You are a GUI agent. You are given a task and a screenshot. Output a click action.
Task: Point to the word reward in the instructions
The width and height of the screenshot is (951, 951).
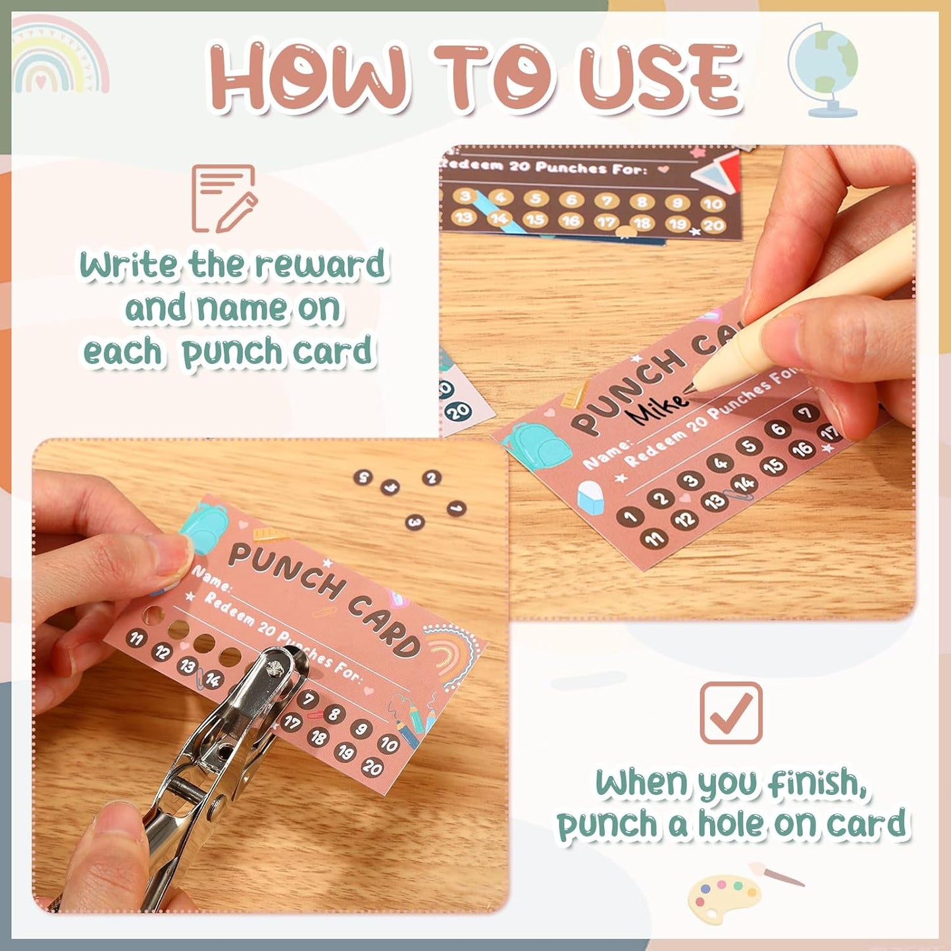[x=320, y=265]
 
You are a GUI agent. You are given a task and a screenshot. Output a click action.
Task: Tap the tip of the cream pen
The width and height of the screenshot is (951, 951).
[x=688, y=390]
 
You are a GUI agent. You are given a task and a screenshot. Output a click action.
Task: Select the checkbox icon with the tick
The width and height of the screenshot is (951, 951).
[x=731, y=713]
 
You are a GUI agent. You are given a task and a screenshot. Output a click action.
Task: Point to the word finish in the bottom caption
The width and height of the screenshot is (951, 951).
[x=816, y=783]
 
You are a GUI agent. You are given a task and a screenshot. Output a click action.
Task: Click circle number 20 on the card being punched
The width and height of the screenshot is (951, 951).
[x=373, y=767]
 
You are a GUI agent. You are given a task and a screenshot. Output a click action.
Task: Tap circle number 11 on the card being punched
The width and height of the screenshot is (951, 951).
[x=136, y=638]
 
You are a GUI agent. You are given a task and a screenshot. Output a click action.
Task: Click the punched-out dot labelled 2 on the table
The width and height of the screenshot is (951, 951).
[x=432, y=478]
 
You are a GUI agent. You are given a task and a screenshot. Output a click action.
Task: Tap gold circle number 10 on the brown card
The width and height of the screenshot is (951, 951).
[x=712, y=203]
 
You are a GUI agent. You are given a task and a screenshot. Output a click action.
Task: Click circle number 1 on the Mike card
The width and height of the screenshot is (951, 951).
[x=630, y=517]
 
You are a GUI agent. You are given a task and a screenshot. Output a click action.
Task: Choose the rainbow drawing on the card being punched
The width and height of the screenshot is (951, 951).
[x=450, y=654]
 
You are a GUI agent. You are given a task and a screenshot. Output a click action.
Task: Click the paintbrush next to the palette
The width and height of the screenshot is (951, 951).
[x=777, y=873]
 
